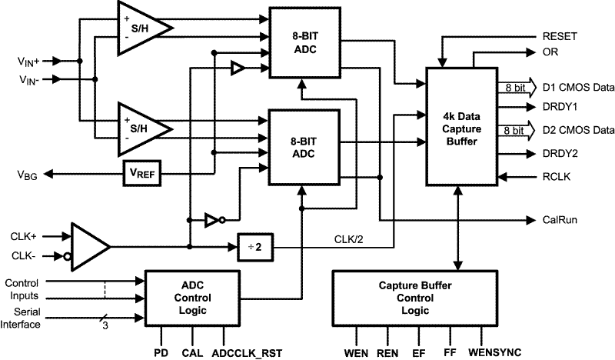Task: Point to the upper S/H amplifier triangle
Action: click(139, 28)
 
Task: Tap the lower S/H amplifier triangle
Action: click(139, 122)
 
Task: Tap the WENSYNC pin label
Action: click(500, 353)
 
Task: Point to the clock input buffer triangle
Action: click(88, 247)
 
